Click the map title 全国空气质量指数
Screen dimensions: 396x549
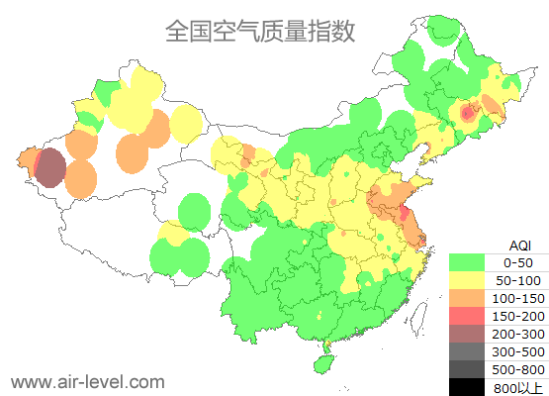260,31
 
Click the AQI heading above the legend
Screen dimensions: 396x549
519,245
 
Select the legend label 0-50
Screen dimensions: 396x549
518,262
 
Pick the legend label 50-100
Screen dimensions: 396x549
518,280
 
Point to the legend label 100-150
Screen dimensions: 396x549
518,298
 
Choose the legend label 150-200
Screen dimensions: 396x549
518,316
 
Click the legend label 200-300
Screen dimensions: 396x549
518,334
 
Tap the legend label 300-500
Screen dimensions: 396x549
518,351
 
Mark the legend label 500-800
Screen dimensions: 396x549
518,369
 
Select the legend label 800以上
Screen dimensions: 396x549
518,387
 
